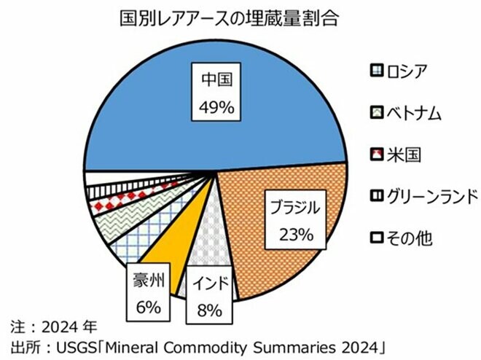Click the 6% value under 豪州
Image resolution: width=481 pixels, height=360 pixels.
click(147, 308)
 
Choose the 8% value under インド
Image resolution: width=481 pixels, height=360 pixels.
click(210, 311)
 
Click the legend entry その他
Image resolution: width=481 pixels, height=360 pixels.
click(408, 238)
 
